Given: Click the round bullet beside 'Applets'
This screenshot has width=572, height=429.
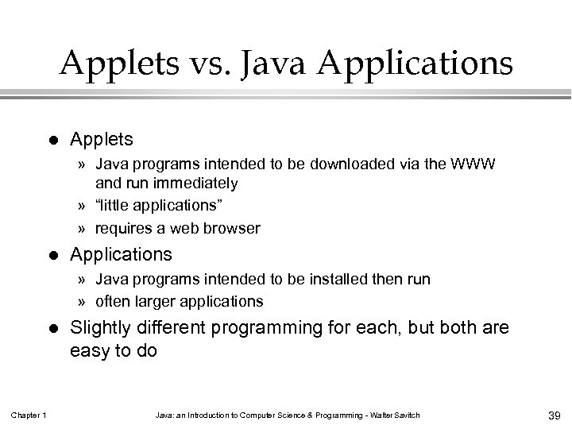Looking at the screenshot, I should click(x=52, y=140).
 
